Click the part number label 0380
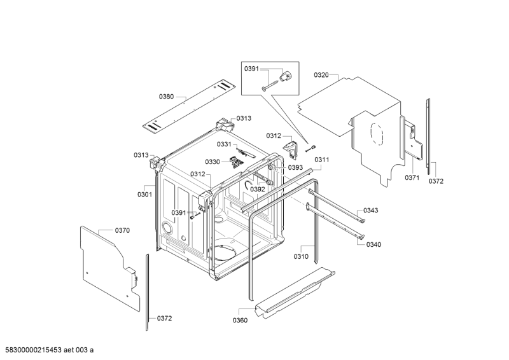tap(166, 97)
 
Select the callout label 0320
tap(321, 75)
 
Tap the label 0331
tap(224, 144)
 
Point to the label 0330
tap(213, 162)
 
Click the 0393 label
tap(295, 167)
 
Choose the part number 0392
tap(258, 189)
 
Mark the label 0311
tap(322, 160)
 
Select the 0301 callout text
tap(145, 194)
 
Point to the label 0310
tap(302, 256)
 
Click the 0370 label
tap(122, 230)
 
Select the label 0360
tap(241, 320)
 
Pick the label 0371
tap(412, 178)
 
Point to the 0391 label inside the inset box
tap(252, 69)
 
